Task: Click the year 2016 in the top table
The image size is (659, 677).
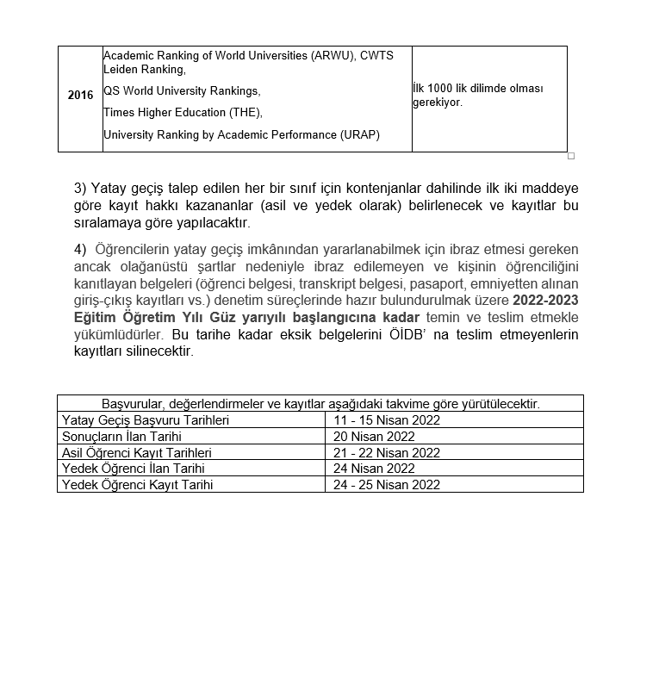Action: click(80, 96)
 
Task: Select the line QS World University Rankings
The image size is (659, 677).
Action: click(181, 91)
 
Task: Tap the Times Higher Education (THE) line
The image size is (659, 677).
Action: click(183, 113)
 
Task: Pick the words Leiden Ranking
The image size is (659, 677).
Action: click(144, 70)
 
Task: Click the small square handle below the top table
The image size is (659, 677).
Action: click(570, 156)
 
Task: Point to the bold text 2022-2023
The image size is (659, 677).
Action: click(545, 301)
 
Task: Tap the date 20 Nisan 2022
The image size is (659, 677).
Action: click(375, 437)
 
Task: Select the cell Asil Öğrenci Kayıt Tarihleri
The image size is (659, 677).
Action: click(137, 453)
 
